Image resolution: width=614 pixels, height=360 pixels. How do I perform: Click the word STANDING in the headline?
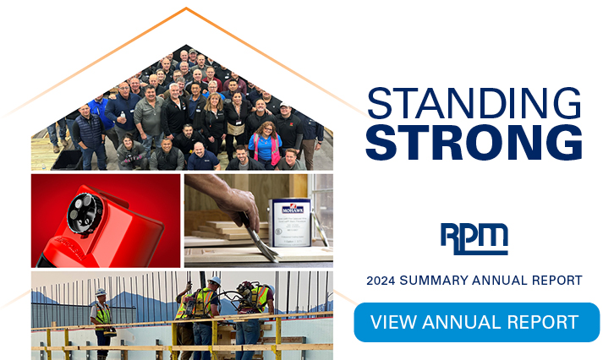pyautogui.click(x=474, y=103)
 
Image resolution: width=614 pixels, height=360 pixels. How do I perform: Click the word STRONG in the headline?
pyautogui.click(x=474, y=142)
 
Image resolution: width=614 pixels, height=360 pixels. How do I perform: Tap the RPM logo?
pyautogui.click(x=474, y=238)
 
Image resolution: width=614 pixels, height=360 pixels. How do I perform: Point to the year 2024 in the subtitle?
pyautogui.click(x=383, y=280)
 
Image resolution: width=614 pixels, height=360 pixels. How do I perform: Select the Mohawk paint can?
pyautogui.click(x=289, y=221)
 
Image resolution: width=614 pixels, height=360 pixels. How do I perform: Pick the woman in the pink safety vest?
pyautogui.click(x=265, y=144)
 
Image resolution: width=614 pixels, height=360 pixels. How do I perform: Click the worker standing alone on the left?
pyautogui.click(x=101, y=317)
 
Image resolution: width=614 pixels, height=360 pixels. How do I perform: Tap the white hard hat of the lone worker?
pyautogui.click(x=101, y=292)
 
